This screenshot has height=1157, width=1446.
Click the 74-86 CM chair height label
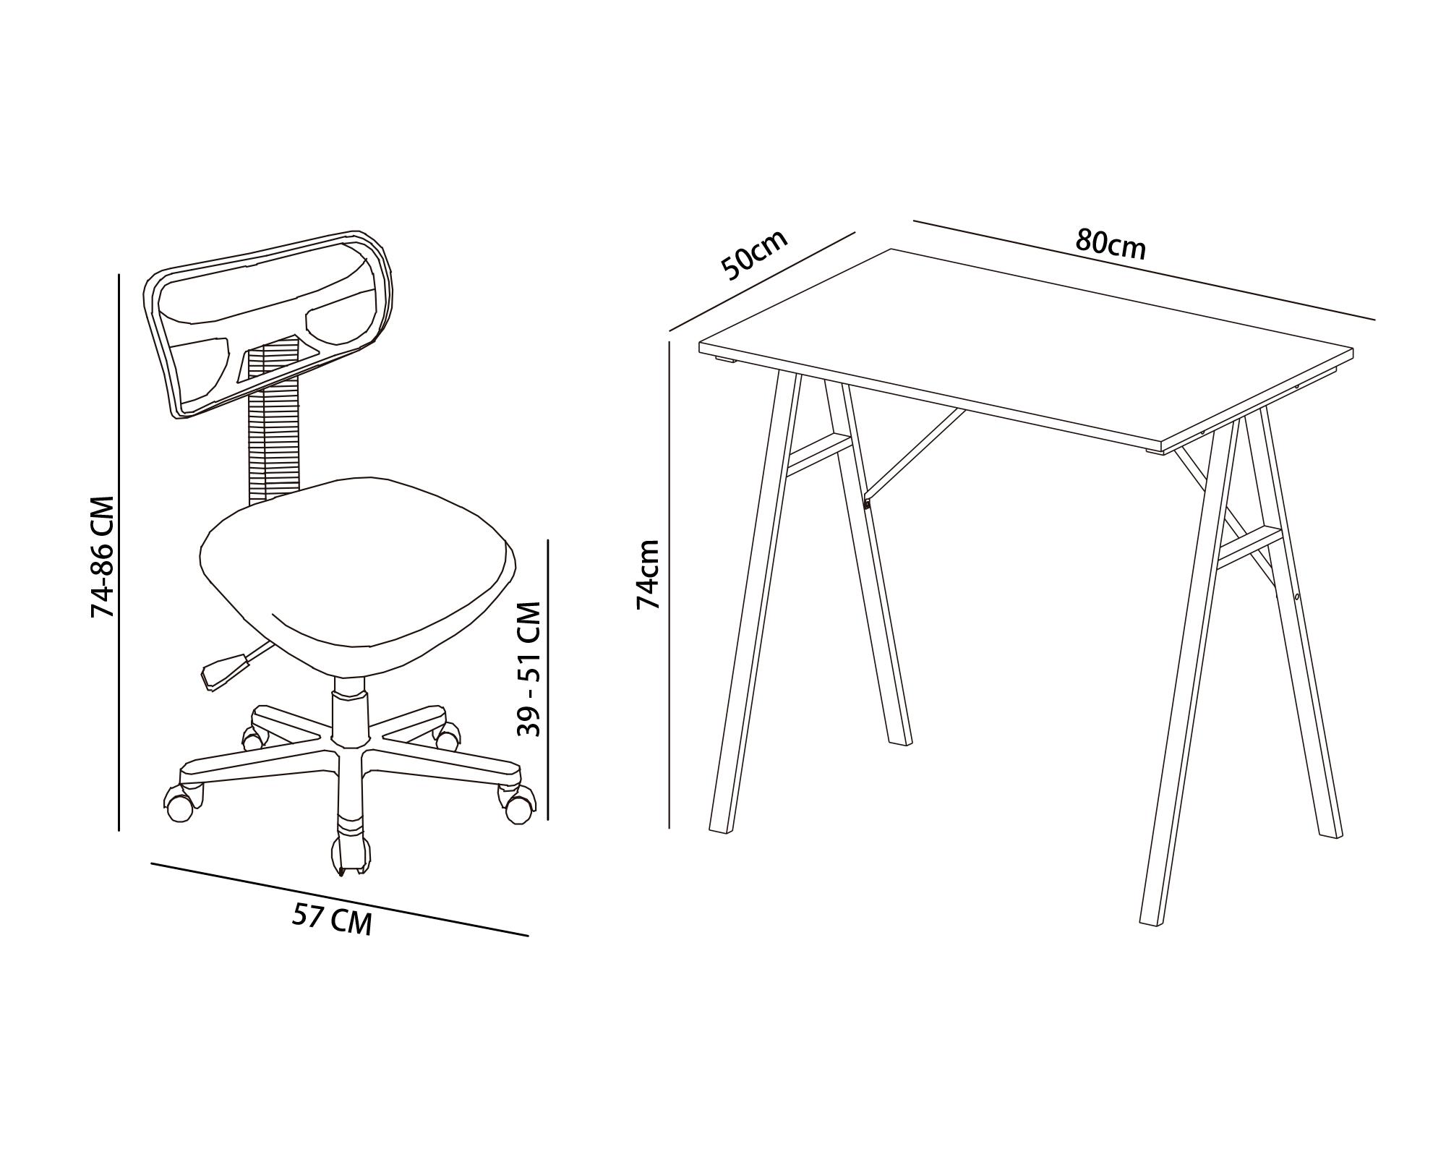coord(103,556)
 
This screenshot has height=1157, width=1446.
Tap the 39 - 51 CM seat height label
coord(530,669)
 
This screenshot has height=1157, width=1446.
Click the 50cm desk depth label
coord(754,254)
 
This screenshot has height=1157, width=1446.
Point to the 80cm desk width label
coord(1110,244)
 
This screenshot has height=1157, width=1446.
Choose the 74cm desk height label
coord(649,574)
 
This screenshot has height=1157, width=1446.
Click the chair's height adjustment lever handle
coord(223,670)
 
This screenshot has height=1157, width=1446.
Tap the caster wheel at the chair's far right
coord(518,808)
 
